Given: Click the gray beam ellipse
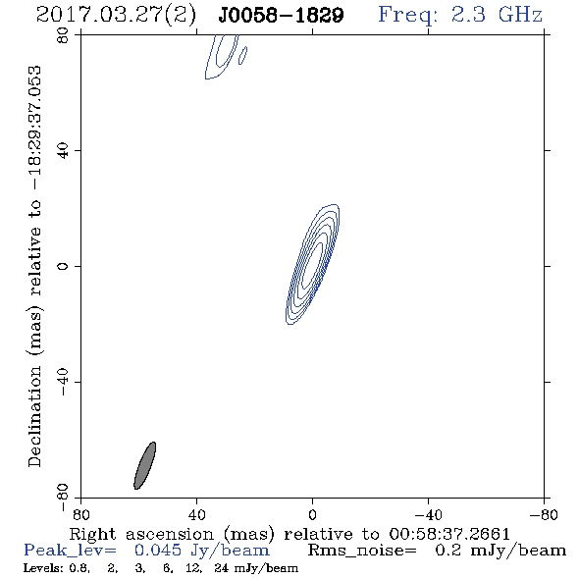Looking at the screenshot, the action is coord(145,465).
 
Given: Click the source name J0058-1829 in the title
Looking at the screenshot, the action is coord(281,15).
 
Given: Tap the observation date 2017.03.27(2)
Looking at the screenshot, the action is coord(116,15).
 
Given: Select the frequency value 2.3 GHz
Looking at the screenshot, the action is coord(497,15).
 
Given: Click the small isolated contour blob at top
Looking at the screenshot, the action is coord(243,56).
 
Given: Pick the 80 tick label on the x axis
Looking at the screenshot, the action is coord(80,514).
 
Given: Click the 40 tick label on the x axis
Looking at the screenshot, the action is coord(196,514).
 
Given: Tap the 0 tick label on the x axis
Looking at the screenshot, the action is coord(312,514).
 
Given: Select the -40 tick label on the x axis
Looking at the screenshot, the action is coord(428,514).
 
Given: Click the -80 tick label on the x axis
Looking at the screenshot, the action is coord(544,514).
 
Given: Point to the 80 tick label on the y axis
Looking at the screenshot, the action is coord(63,35).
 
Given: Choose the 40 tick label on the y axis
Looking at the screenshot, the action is coord(63,151).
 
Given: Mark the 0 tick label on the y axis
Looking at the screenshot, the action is coord(63,266).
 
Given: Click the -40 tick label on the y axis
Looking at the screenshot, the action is coord(63,382).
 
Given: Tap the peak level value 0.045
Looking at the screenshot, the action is coord(158,551).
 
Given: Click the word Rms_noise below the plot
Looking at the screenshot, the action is coord(362,551).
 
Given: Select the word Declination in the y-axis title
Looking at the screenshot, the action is coord(34,416).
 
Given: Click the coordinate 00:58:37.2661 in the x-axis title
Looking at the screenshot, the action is coord(449,534).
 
